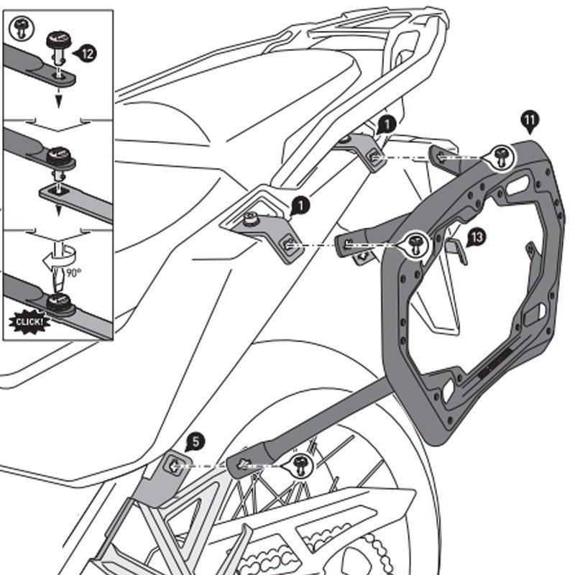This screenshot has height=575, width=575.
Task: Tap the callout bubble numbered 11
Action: coord(530,120)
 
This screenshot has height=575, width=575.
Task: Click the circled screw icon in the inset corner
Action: coord(19,28)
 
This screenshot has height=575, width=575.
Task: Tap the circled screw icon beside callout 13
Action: coord(415,244)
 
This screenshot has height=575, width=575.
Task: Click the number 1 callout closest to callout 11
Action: coord(387,123)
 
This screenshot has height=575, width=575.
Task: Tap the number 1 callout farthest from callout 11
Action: coord(301,206)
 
